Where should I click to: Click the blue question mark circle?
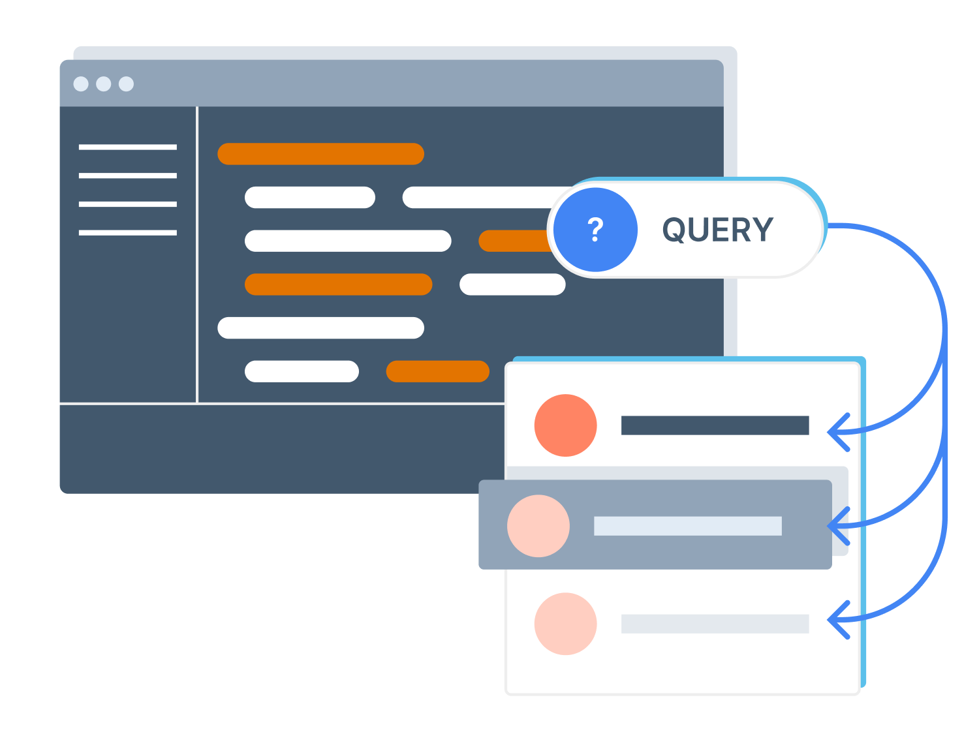pyautogui.click(x=595, y=230)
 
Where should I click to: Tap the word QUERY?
pyautogui.click(x=717, y=230)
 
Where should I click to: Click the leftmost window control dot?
pyautogui.click(x=81, y=84)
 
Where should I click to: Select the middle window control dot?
pyautogui.click(x=103, y=84)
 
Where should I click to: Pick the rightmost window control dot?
pyautogui.click(x=126, y=84)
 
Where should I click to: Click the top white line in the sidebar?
pyautogui.click(x=127, y=147)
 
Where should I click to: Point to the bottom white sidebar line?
pyautogui.click(x=127, y=233)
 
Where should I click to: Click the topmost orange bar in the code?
pyautogui.click(x=320, y=154)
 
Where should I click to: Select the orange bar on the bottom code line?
pyautogui.click(x=437, y=371)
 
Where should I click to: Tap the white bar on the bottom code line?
pyautogui.click(x=302, y=371)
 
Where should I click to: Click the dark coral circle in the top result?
pyautogui.click(x=565, y=425)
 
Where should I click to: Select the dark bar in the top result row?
pyautogui.click(x=715, y=425)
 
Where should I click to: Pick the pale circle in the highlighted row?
pyautogui.click(x=538, y=526)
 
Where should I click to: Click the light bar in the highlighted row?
pyautogui.click(x=687, y=526)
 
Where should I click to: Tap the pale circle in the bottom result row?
pyautogui.click(x=565, y=624)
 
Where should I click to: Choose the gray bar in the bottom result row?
pyautogui.click(x=715, y=624)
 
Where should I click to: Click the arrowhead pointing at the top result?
pyautogui.click(x=838, y=432)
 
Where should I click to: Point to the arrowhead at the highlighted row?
pyautogui.click(x=838, y=525)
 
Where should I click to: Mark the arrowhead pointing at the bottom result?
pyautogui.click(x=838, y=620)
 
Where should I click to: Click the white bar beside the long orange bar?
pyautogui.click(x=512, y=284)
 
